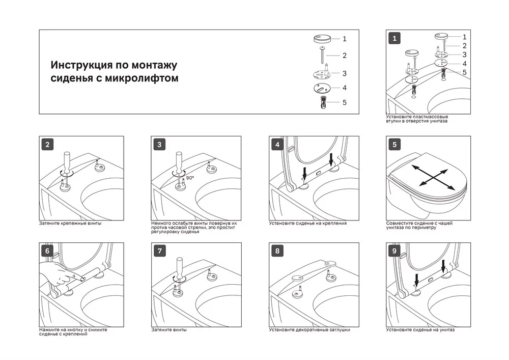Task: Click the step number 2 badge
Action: (x=47, y=144)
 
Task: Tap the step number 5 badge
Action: (x=394, y=144)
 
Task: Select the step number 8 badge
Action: (x=277, y=251)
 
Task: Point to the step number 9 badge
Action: (x=394, y=251)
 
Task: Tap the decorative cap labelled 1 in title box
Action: (x=323, y=39)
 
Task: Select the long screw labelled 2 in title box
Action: (x=323, y=55)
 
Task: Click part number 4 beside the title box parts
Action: (x=345, y=88)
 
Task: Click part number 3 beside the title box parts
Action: (x=345, y=73)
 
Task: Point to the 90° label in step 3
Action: (x=190, y=178)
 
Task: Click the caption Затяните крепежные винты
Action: (x=70, y=224)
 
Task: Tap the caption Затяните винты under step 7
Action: (x=168, y=330)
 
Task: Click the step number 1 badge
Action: (x=394, y=38)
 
